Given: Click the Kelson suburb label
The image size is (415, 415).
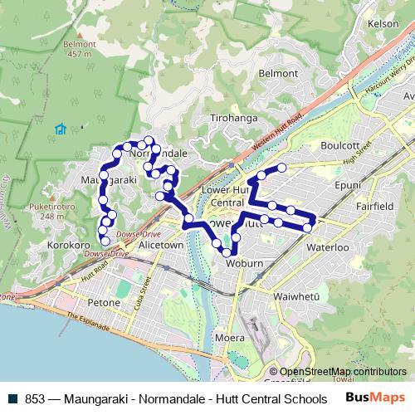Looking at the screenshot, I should (383, 24).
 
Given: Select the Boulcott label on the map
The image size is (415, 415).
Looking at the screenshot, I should (339, 144).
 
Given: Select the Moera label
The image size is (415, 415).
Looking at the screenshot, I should (229, 338).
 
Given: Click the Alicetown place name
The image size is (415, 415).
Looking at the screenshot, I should (160, 247).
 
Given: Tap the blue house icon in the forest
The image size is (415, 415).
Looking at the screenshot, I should (60, 129).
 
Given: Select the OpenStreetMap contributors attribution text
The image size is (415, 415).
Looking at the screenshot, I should (343, 372).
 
